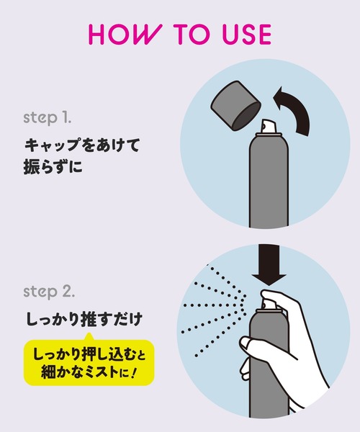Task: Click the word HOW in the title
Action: point(124,34)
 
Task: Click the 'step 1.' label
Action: point(48,119)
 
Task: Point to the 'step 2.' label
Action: point(49,292)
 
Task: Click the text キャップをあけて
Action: point(82,145)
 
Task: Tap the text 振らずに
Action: point(53,166)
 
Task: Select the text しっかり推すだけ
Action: point(84,319)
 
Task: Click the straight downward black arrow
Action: point(269,264)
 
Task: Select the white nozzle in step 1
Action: point(269,127)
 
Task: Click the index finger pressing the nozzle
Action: point(276,297)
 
